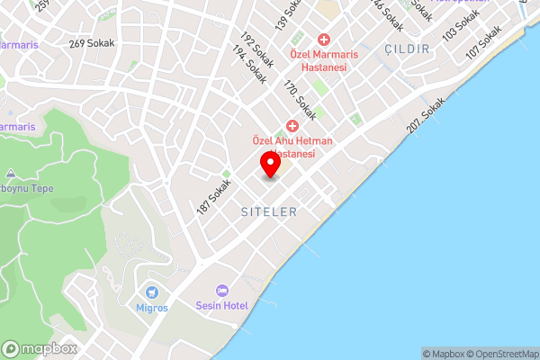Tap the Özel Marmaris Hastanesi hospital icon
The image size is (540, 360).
coord(323,40)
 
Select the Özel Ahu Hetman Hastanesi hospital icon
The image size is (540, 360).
coord(292,126)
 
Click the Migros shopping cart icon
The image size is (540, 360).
coord(151,292)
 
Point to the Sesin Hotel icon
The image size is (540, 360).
coord(221,291)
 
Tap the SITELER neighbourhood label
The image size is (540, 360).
coord(269,211)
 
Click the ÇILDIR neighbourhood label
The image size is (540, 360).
coord(406,49)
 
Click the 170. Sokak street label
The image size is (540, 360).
coord(299,98)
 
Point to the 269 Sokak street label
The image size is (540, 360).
coord(88,43)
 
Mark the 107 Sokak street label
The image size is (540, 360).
coord(483,42)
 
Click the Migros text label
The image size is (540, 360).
coord(152,308)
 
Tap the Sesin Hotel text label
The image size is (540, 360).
coord(221,306)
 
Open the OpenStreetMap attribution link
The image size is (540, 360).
coord(502,354)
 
